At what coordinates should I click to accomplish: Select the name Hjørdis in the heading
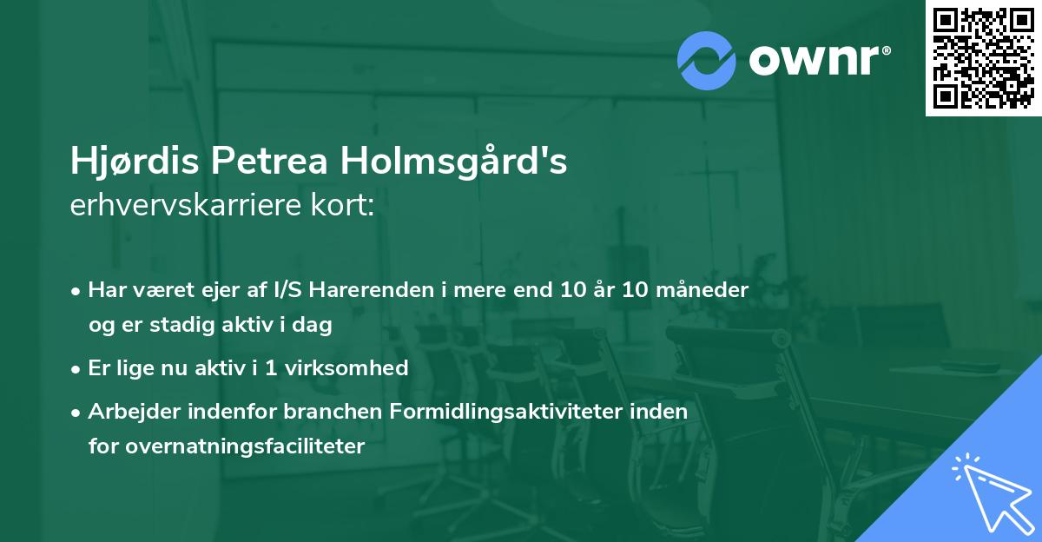click(133, 162)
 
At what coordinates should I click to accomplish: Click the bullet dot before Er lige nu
click(77, 368)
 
